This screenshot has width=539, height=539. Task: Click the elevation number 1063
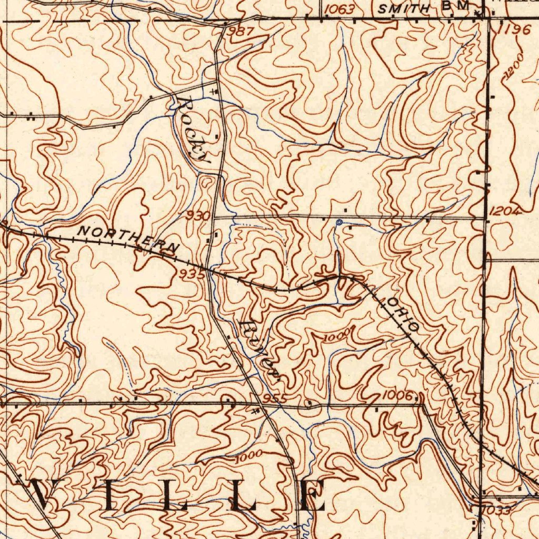[338, 9]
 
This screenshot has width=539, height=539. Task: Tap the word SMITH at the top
[404, 8]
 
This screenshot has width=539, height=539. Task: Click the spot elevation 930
[198, 215]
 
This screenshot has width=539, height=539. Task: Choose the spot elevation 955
[274, 398]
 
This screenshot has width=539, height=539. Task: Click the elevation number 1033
[496, 510]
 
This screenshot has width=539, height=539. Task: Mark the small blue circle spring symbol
[340, 223]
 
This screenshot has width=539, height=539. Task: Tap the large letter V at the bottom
[48, 495]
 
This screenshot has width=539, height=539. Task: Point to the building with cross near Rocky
[213, 92]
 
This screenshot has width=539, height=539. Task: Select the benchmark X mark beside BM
[477, 12]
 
